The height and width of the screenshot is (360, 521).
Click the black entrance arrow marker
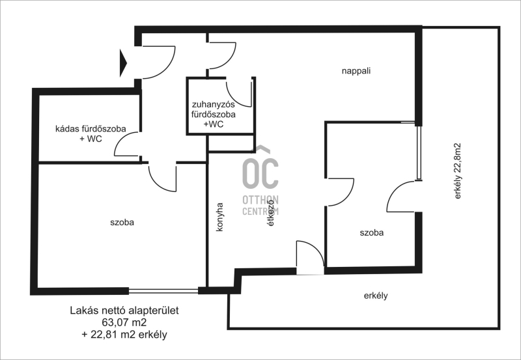123,62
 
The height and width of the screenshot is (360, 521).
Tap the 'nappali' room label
356,71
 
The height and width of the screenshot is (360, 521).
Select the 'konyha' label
219,217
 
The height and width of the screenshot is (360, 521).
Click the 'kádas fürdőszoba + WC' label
91,133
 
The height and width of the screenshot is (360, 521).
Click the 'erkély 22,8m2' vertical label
458,171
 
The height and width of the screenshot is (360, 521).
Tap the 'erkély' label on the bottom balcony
376,296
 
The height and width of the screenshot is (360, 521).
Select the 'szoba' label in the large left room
122,222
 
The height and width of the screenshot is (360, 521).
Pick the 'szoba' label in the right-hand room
371,232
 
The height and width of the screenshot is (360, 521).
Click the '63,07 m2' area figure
124,322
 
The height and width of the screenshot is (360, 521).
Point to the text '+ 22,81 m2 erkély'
124,335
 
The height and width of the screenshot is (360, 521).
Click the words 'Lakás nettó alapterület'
124,310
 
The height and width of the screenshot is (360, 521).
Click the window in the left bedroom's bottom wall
163,291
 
